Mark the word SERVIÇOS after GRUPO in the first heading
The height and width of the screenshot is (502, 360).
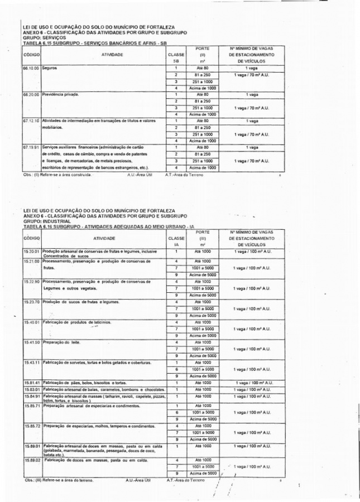pyautogui.click(x=50, y=37)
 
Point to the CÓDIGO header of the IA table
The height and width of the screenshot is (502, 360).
pyautogui.click(x=31, y=238)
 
